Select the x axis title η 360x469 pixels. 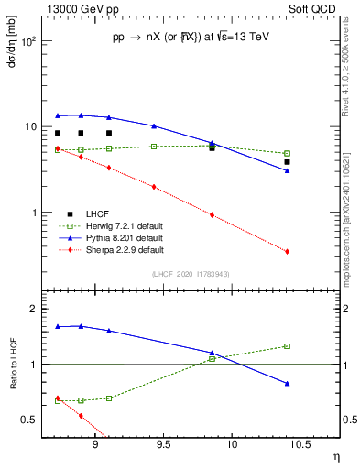click(335, 457)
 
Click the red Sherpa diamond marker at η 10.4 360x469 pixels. click(287, 252)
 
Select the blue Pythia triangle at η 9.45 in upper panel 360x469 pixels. click(154, 125)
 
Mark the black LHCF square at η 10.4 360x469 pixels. click(287, 162)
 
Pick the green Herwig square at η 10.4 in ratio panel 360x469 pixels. click(287, 346)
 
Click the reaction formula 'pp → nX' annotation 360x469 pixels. click(192, 38)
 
